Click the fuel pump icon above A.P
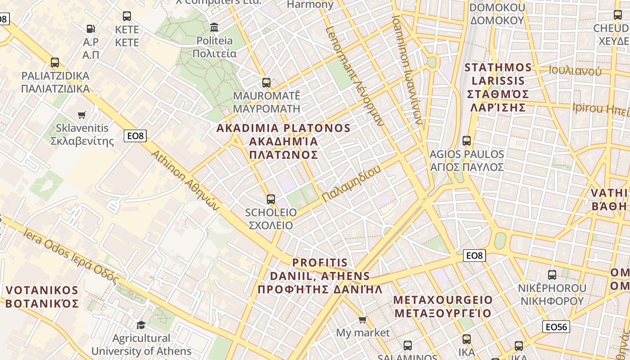click(91, 29)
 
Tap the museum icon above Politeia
click(214, 27)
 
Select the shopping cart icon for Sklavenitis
click(81, 115)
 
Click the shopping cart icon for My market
click(362, 320)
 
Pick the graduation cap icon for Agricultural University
click(141, 325)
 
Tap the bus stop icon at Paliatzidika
click(55, 63)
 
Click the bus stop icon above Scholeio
click(270, 199)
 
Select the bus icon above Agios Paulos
click(467, 141)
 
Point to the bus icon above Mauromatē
click(266, 83)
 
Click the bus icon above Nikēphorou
click(552, 275)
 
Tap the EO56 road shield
click(556, 327)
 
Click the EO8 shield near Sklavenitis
click(135, 136)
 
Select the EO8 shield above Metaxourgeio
click(474, 256)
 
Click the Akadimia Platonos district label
click(283, 141)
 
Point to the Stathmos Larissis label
click(498, 87)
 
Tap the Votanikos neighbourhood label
click(42, 297)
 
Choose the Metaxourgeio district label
click(443, 306)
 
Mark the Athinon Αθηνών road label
click(184, 180)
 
